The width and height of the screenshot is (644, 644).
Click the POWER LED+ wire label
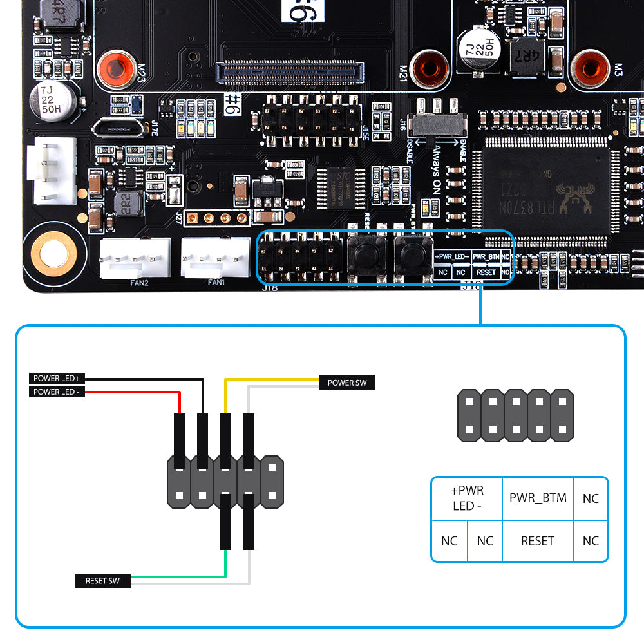57,378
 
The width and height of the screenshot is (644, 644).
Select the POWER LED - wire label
57,392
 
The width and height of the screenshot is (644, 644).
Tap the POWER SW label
347,383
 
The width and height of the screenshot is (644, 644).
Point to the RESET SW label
102,581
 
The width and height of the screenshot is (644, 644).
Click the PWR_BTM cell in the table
538,498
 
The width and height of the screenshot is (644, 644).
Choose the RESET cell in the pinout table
538,541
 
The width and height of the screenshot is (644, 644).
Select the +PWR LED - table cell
467,498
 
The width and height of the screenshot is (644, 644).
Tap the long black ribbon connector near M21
290,72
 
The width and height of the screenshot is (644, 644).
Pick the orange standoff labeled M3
589,68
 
